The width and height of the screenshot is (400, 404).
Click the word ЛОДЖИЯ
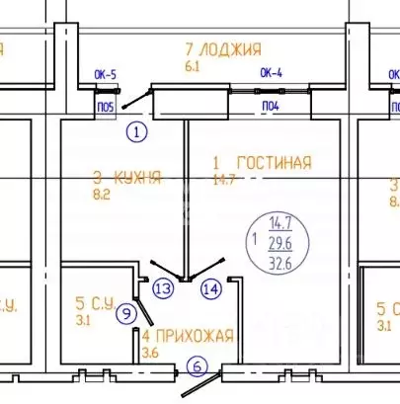[x=230, y=49]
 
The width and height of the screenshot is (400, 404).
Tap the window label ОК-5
[x=105, y=73]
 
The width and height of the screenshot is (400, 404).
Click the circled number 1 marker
[x=137, y=130]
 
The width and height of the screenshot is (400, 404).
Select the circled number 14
[x=210, y=289]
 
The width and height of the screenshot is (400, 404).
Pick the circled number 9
[x=125, y=314]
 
